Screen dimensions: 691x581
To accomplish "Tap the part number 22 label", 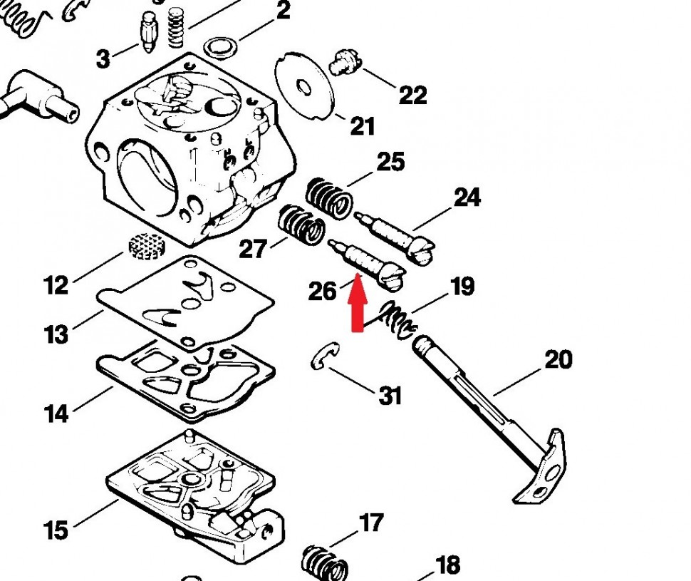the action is [412, 96].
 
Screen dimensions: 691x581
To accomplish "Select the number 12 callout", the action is [56, 285].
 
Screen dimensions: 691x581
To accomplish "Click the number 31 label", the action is [390, 396].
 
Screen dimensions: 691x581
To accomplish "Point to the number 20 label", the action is [558, 359].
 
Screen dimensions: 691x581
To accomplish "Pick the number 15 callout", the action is [56, 530].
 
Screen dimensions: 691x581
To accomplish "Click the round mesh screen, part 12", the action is [147, 246].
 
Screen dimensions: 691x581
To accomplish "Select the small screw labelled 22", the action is [345, 62].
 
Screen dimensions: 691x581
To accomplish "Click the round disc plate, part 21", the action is [303, 86].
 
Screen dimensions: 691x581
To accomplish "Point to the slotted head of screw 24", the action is [422, 252].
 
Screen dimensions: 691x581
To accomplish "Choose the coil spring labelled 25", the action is [329, 198].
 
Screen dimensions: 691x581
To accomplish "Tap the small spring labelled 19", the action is [398, 321].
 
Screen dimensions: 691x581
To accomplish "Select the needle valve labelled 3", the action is [149, 31].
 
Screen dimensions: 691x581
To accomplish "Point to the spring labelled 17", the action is [325, 562].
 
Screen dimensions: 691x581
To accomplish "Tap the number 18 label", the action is [448, 565].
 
